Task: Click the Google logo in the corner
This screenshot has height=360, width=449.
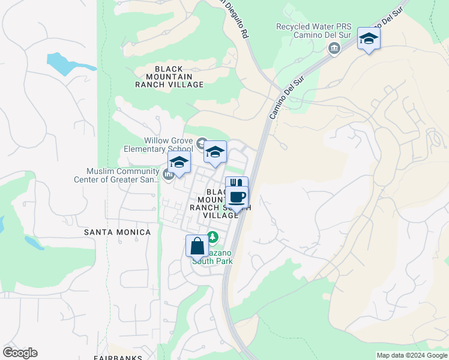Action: click(20, 353)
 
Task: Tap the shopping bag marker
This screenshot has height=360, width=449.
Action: click(197, 246)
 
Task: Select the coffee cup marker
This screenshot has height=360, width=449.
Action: click(237, 197)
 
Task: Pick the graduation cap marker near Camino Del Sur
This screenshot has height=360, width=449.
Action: click(369, 40)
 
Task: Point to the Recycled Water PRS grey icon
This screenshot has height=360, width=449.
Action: click(334, 49)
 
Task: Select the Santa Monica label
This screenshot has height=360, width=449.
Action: click(117, 232)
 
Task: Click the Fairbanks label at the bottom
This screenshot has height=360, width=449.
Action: click(118, 358)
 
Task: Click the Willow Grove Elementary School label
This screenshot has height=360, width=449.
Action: click(158, 145)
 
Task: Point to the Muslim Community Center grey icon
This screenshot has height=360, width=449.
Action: click(169, 175)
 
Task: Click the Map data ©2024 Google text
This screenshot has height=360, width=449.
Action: click(411, 355)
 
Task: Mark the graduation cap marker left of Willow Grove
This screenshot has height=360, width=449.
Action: click(179, 163)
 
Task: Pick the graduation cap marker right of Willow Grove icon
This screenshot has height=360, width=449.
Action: click(215, 152)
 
